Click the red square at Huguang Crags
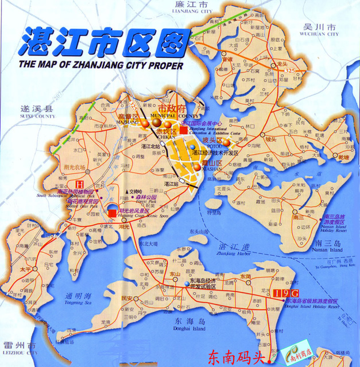click(112, 214)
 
